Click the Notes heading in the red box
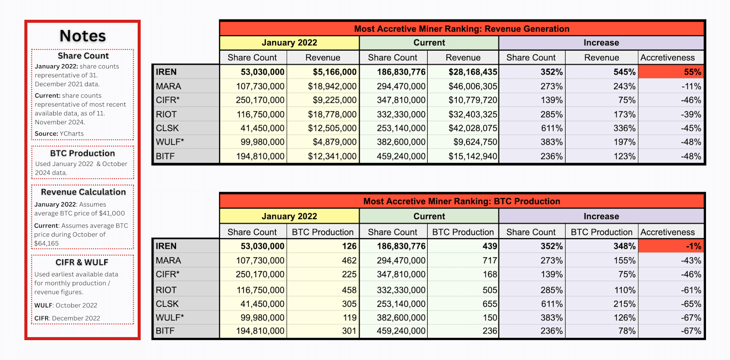coord(83,36)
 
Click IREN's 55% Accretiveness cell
coord(671,72)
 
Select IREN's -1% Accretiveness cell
coord(671,246)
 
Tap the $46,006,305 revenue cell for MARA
coord(463,86)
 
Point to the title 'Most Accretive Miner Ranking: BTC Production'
coord(462,202)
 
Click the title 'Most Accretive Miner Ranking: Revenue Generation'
coord(462,29)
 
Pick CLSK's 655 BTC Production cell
coord(463,303)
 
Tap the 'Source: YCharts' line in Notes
coord(59,133)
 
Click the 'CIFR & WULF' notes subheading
coord(83,262)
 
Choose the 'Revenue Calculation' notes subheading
coord(83,192)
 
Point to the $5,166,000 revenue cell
coord(323,72)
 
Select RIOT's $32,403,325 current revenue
coord(463,114)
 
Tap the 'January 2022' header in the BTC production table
coord(289,217)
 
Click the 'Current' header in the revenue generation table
coord(429,43)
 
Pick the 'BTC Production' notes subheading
coord(83,153)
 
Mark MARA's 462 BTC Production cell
coord(323,261)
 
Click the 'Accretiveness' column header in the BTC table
coord(671,232)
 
